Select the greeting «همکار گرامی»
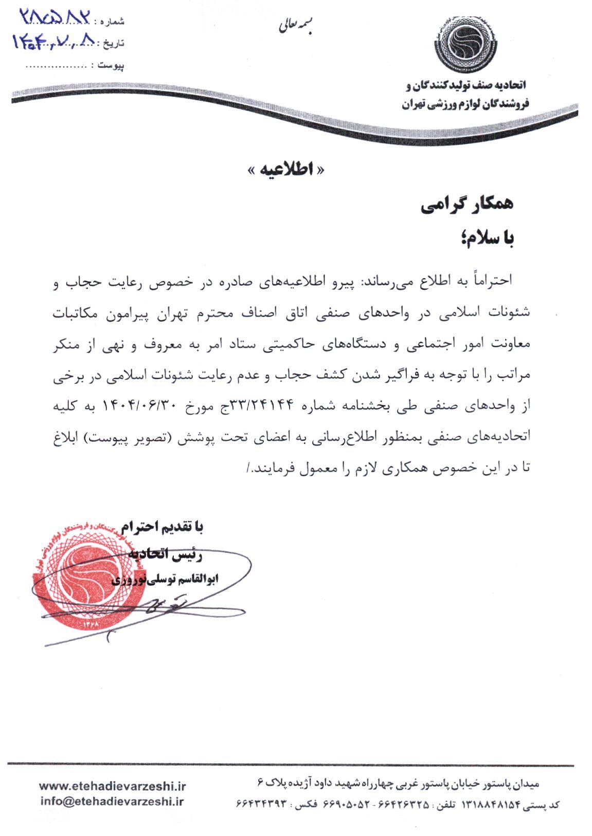(467, 206)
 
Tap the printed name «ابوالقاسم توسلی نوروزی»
(166, 580)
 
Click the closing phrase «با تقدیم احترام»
(163, 527)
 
